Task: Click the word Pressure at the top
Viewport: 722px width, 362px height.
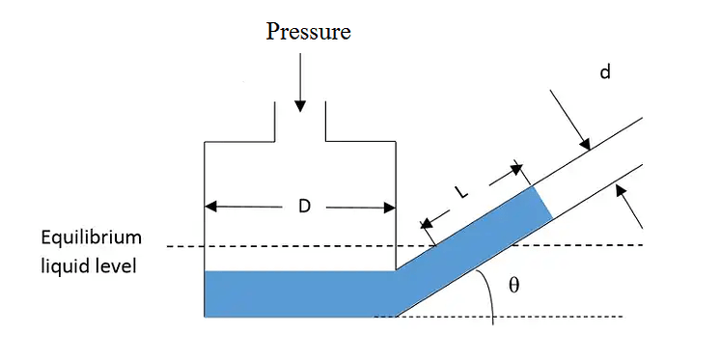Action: point(308,32)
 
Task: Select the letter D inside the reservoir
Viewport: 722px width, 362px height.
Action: point(301,208)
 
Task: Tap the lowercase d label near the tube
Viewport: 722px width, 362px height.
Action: point(605,72)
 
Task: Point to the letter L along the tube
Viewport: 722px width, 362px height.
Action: point(461,193)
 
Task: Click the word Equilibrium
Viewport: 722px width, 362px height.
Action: point(91,237)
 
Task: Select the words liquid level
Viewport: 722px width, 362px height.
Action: point(89,264)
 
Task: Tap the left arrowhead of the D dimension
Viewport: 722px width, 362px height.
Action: point(211,207)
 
